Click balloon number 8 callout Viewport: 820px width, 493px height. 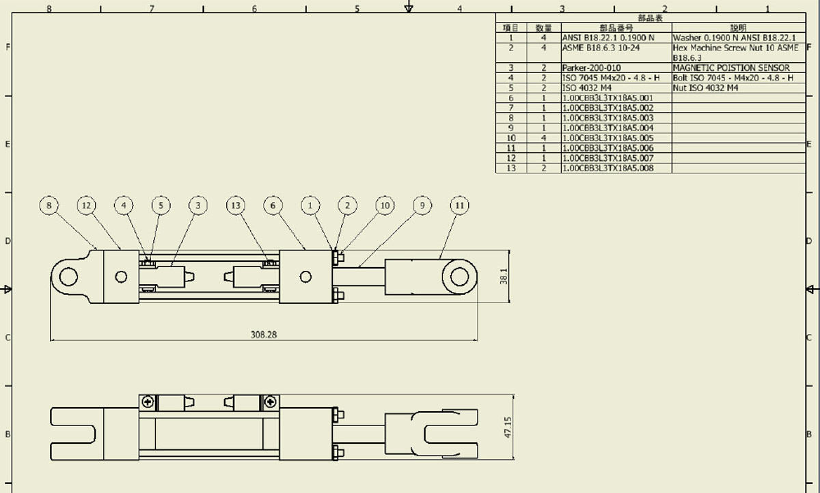pos(49,206)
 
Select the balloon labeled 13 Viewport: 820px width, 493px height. pos(235,206)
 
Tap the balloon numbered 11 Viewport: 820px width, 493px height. pos(459,206)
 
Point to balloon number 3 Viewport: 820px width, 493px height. pos(198,206)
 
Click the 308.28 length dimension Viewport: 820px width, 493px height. pos(264,335)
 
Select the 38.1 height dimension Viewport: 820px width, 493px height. pos(504,277)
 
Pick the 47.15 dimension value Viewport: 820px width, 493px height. pos(508,427)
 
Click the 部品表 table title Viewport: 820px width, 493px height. pos(650,18)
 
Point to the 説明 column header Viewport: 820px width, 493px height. pos(739,28)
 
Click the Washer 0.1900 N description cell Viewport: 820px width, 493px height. pos(739,38)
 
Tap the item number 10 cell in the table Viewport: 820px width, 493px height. pos(511,138)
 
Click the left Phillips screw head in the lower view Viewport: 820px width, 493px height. pos(148,402)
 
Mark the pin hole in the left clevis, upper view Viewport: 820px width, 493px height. pos(68,277)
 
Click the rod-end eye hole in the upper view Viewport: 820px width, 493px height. pos(459,277)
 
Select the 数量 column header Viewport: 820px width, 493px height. pos(544,28)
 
